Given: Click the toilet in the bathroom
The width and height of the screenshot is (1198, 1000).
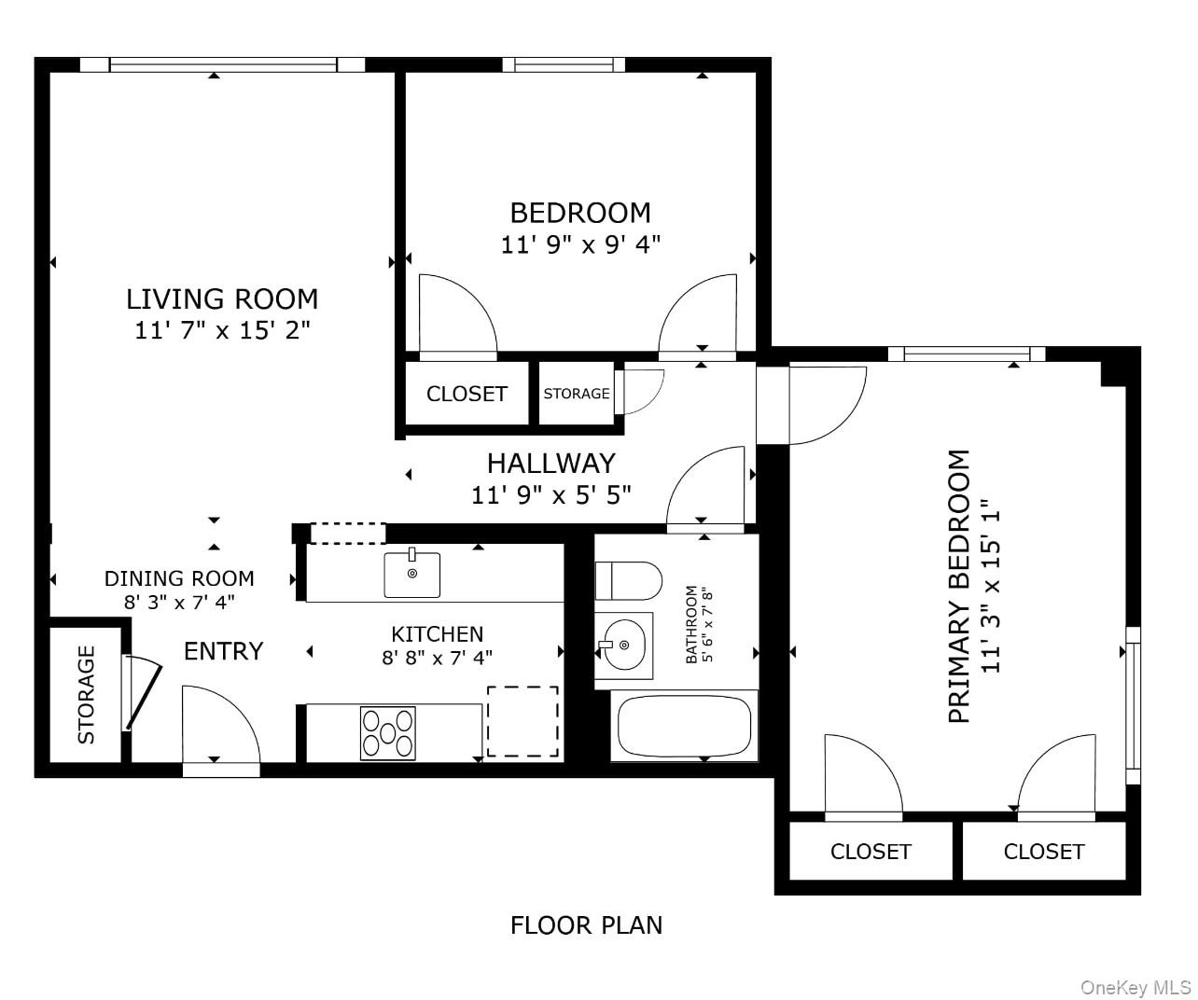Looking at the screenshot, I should click(629, 579).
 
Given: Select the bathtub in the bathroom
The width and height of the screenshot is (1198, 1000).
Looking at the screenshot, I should click(684, 726).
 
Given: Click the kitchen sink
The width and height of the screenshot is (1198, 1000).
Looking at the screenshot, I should click(412, 575).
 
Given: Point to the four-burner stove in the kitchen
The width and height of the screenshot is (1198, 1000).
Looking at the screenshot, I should click(388, 732).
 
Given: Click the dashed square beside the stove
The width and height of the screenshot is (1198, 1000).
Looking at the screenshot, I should click(522, 721).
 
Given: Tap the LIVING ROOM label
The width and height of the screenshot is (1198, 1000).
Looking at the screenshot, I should click(222, 299).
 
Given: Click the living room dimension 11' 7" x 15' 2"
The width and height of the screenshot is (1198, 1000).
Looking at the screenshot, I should click(222, 330).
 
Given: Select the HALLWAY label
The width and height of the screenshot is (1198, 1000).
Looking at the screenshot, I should click(550, 463).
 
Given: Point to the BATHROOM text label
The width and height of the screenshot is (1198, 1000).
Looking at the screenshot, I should click(691, 624).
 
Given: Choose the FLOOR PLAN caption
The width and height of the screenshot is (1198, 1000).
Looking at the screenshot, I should click(586, 924).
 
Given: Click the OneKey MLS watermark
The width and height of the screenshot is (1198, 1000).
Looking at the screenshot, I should click(1135, 987).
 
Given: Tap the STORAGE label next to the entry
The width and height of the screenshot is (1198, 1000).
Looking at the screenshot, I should click(86, 694).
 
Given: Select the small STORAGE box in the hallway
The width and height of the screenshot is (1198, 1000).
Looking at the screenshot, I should click(577, 394).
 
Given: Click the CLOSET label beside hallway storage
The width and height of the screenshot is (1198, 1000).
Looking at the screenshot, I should click(467, 394).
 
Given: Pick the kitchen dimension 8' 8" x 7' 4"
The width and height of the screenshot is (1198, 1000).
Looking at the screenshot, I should click(437, 657).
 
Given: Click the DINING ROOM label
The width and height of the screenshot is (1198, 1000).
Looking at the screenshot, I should click(179, 578).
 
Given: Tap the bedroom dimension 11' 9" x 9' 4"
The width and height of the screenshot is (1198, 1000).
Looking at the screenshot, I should click(580, 244).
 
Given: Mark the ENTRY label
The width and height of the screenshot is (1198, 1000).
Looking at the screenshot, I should click(223, 650).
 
